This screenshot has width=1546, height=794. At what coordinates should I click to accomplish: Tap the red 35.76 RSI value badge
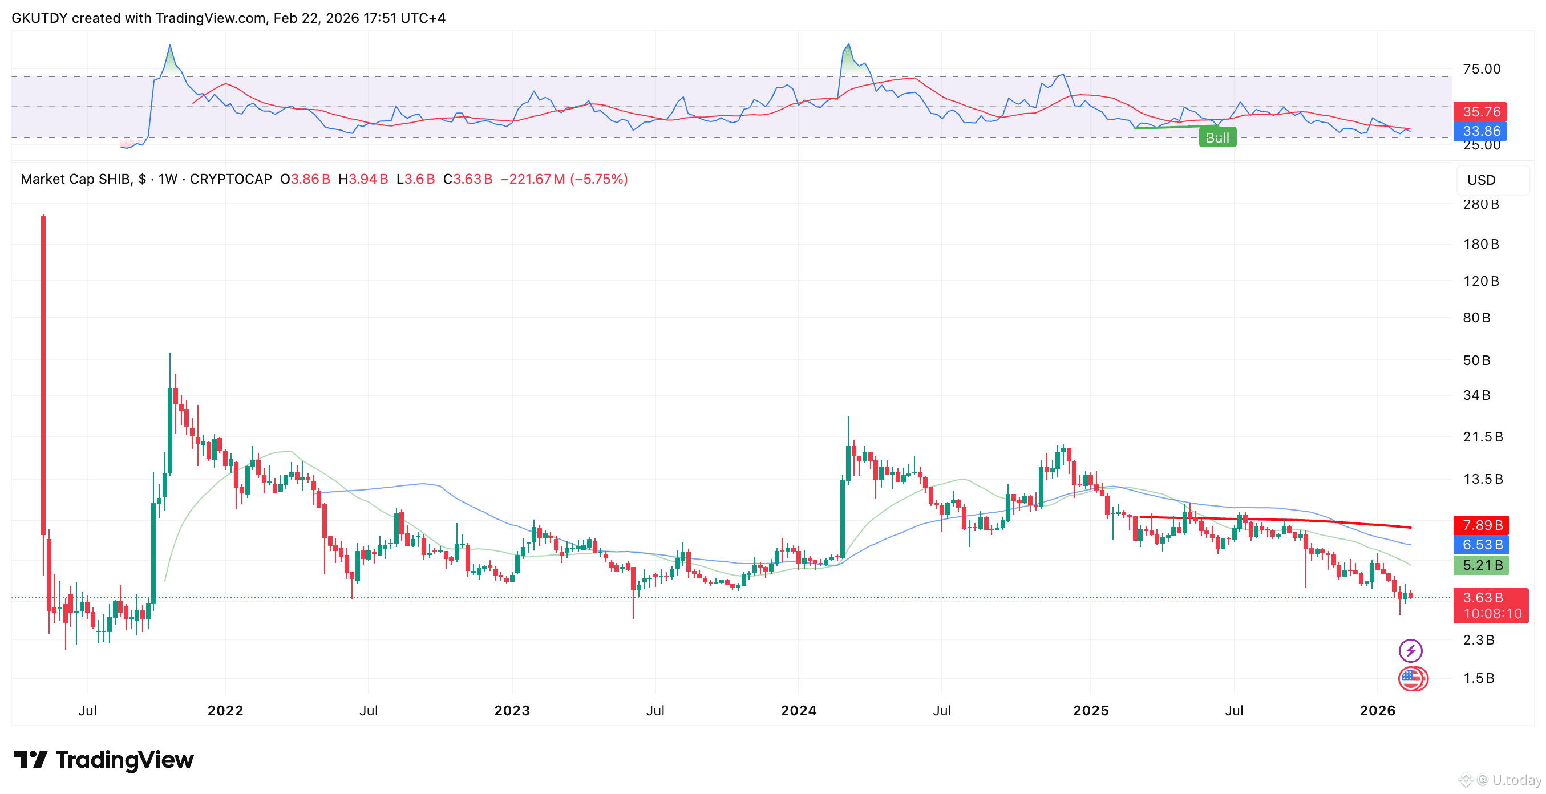(x=1480, y=112)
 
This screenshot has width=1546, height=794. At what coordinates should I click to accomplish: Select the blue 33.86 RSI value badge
(x=1480, y=131)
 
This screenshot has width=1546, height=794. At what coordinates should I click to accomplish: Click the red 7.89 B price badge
(x=1480, y=525)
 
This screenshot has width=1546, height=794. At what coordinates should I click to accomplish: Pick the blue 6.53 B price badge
(x=1480, y=544)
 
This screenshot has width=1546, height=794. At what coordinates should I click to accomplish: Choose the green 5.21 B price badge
(x=1480, y=565)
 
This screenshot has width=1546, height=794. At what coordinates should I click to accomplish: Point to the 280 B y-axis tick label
(x=1480, y=204)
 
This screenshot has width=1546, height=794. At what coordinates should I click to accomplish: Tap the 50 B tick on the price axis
(x=1476, y=360)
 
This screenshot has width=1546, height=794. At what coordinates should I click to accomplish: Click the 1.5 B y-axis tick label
(x=1478, y=678)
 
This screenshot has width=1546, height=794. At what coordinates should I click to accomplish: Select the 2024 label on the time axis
(x=798, y=710)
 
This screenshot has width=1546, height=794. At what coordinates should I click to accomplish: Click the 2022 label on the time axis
(x=225, y=710)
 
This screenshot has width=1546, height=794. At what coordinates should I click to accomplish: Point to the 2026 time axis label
(x=1377, y=710)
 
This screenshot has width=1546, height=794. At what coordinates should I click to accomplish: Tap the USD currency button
(x=1481, y=180)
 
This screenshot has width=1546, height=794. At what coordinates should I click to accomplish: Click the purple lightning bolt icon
(x=1410, y=650)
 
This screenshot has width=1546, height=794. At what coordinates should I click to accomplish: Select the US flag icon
(x=1411, y=678)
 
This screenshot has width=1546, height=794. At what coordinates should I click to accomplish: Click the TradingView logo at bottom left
(x=103, y=760)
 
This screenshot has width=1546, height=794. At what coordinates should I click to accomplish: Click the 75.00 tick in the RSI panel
(x=1481, y=69)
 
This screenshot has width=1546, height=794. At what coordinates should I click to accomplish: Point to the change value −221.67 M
(x=532, y=179)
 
